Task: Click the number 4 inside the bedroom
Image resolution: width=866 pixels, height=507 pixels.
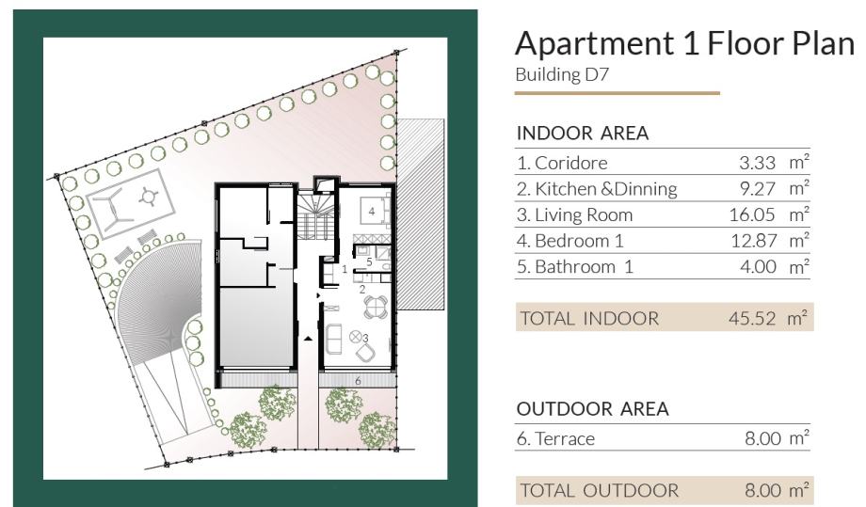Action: [372, 212]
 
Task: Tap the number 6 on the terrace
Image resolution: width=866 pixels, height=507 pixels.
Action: [358, 381]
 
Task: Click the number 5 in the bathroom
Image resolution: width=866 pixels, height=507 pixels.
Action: [370, 261]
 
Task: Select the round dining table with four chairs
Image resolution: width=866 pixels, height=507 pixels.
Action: [376, 307]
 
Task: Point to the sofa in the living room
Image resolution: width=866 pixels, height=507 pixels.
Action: [333, 339]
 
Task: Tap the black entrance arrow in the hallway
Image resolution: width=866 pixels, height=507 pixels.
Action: [307, 339]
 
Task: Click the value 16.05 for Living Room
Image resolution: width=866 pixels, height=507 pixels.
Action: [752, 214]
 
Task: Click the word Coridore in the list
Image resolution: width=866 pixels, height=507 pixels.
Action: [571, 163]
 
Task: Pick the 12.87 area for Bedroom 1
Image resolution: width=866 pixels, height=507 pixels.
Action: [754, 241]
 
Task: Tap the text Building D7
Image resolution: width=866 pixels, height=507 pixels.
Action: [562, 74]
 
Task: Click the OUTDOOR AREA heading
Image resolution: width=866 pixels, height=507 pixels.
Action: [593, 409]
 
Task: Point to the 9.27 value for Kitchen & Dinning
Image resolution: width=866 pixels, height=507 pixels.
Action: [758, 189]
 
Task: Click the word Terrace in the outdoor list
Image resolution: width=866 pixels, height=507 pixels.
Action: [565, 438]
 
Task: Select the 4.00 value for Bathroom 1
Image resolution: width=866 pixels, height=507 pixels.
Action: [758, 267]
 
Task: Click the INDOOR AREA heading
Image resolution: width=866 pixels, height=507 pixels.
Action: [583, 133]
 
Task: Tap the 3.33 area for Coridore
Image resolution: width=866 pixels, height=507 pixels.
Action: [757, 163]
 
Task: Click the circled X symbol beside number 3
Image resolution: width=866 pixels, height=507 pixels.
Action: [356, 336]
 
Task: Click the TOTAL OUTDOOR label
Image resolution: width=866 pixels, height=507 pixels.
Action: [600, 490]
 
